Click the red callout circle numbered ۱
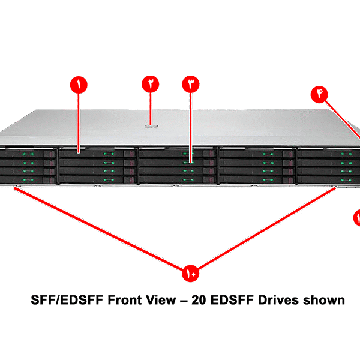tap(78, 85)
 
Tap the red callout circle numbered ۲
tap(150, 84)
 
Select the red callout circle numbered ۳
tap(190, 84)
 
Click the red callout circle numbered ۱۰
tap(190, 274)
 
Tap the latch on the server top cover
tap(151, 125)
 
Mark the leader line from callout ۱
tap(79, 120)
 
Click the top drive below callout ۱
tap(90, 154)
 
